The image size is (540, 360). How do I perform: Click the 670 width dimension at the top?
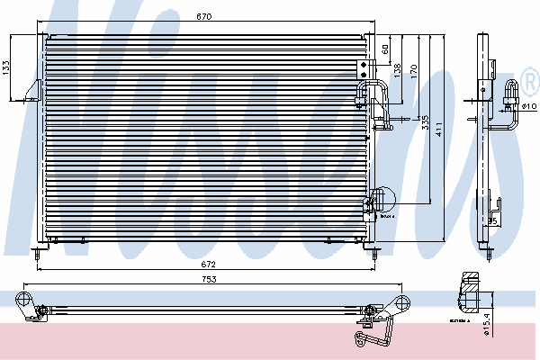[x=206, y=16]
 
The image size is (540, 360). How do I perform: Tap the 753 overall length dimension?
[x=209, y=279]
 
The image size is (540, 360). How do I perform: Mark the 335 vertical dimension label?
[x=424, y=121]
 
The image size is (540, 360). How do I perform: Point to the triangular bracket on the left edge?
[x=35, y=89]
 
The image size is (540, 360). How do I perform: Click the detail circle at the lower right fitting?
[x=382, y=199]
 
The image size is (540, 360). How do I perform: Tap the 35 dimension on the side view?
[x=492, y=220]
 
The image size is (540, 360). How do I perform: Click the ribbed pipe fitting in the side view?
[x=514, y=91]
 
